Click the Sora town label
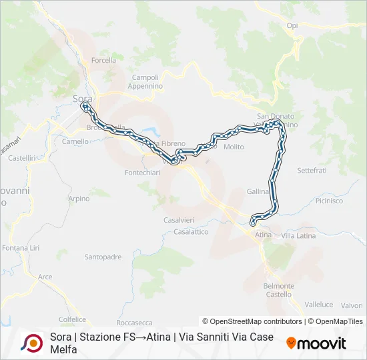(82, 99)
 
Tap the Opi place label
(292, 25)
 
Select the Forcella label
(103, 60)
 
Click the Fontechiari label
(142, 173)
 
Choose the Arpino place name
(79, 199)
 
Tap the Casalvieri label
(179, 219)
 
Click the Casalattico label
(191, 232)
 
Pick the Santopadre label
(103, 257)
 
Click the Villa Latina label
(298, 236)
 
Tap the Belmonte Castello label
(279, 290)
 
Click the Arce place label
(45, 277)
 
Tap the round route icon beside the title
(31, 343)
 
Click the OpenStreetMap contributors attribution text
(253, 321)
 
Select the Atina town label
(263, 235)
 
